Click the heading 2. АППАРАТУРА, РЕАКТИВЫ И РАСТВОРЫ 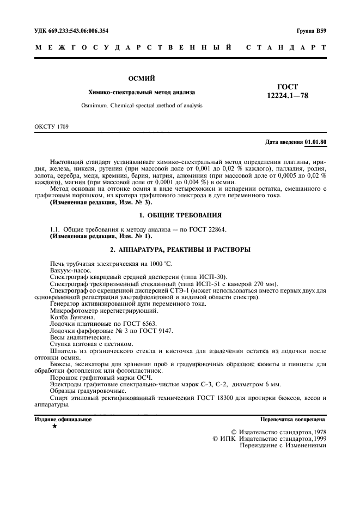point(180,250)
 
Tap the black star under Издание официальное point(54,427)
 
